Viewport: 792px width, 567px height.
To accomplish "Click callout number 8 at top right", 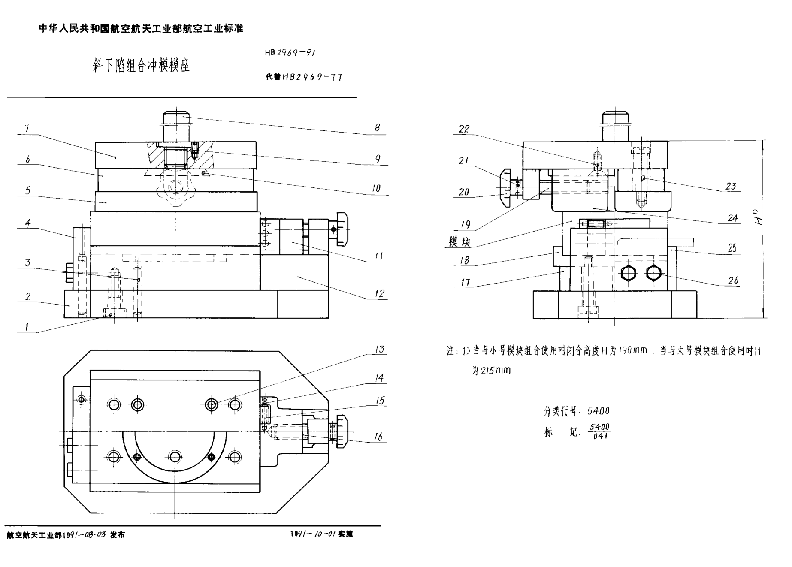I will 377,127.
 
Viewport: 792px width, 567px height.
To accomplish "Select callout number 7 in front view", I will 27,128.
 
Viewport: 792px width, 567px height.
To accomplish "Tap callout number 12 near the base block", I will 379,293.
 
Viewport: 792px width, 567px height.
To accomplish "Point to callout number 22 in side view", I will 464,129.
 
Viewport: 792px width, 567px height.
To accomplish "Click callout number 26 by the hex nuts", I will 733,280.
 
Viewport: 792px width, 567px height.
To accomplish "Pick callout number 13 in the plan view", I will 380,349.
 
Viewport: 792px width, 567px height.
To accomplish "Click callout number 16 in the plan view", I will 378,437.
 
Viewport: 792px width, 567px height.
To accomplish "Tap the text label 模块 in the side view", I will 459,242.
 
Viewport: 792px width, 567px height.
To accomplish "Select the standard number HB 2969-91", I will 290,53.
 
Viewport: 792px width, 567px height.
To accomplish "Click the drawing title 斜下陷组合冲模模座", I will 141,66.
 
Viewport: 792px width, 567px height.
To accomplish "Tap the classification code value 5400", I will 598,411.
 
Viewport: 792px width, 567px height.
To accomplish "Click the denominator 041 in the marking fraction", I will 600,436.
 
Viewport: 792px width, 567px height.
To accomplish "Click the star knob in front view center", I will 175,187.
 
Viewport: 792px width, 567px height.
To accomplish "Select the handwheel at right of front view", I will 342,229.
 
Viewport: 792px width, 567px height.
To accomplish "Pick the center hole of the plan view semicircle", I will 175,457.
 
